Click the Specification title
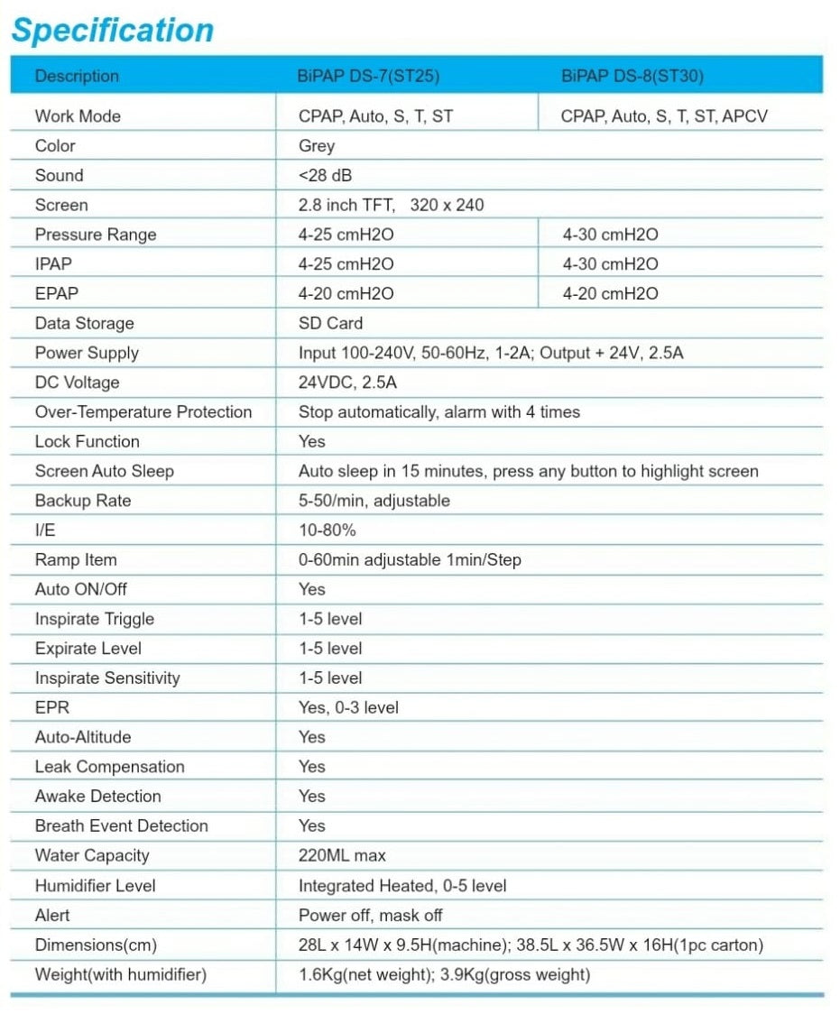[x=112, y=31]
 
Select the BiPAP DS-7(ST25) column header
[x=368, y=76]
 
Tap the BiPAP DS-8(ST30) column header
[x=632, y=76]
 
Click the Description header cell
[x=77, y=76]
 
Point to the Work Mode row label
[x=78, y=116]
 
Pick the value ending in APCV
[x=664, y=116]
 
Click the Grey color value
[x=317, y=146]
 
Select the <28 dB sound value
[x=326, y=176]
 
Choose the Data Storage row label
[x=84, y=323]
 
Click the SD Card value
[x=330, y=323]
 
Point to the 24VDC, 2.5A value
[x=347, y=383]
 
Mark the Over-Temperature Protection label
[x=143, y=412]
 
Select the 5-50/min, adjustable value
[x=374, y=501]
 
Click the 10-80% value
[x=328, y=530]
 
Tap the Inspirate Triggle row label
[x=95, y=619]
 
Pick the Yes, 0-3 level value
[x=348, y=708]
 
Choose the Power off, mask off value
[x=370, y=915]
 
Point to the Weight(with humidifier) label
[x=121, y=974]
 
